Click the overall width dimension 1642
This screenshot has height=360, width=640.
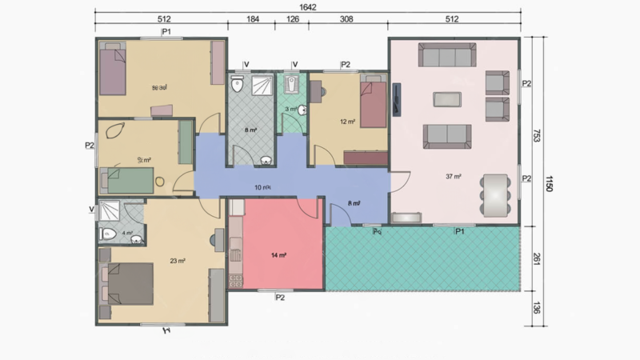tap(307, 7)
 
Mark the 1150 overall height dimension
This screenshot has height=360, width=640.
tap(550, 182)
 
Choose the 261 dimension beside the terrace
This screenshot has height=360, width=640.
tap(535, 258)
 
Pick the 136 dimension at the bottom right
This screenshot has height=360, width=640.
tap(535, 309)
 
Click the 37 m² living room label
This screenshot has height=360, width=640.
tap(453, 176)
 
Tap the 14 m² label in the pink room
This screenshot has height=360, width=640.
tap(278, 255)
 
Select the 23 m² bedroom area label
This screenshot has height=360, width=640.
tap(178, 261)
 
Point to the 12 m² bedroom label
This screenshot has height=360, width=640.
tap(346, 122)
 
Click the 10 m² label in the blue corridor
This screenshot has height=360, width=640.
tap(262, 187)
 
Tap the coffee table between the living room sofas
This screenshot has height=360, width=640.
tap(447, 98)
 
